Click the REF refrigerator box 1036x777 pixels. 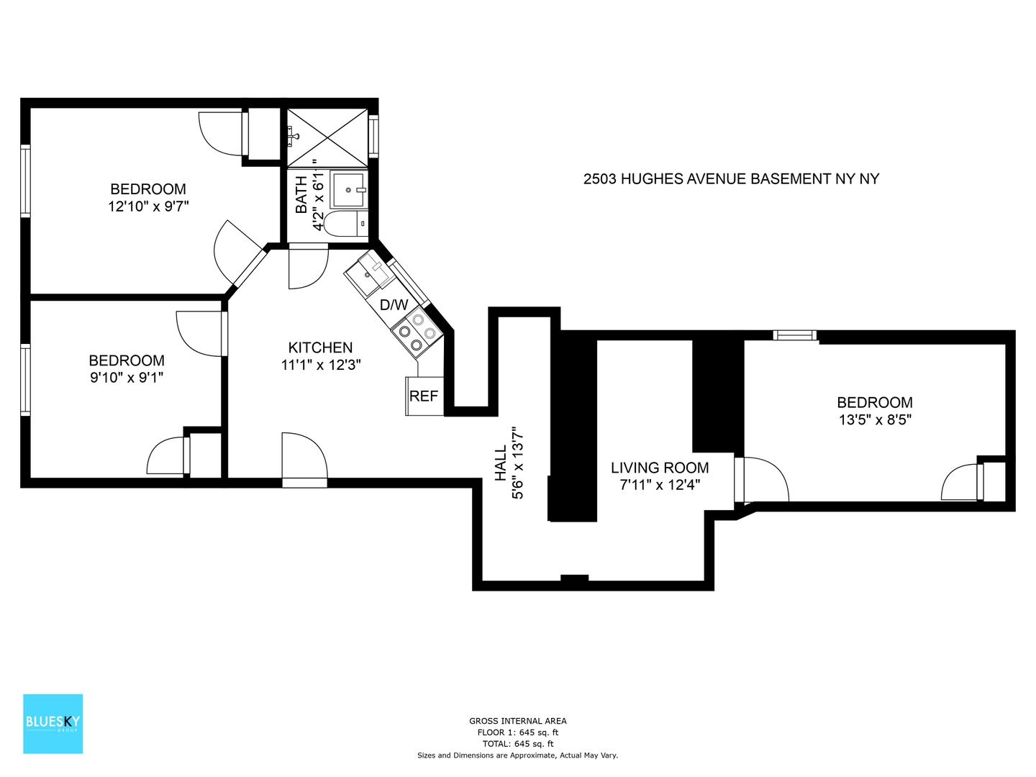(424, 396)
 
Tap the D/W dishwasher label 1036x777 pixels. (394, 305)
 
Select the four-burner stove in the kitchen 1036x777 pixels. (417, 332)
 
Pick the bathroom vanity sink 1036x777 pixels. (349, 190)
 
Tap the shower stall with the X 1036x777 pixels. (327, 137)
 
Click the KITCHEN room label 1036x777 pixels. (320, 347)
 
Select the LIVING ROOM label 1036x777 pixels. (660, 468)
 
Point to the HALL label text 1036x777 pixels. (500, 463)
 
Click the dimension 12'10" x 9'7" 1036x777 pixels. (148, 206)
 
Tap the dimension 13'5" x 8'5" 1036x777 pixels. (875, 419)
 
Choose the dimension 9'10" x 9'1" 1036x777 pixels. (127, 378)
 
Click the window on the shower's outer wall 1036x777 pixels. (373, 137)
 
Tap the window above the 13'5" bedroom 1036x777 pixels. (794, 335)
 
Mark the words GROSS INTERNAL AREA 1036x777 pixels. (518, 721)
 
